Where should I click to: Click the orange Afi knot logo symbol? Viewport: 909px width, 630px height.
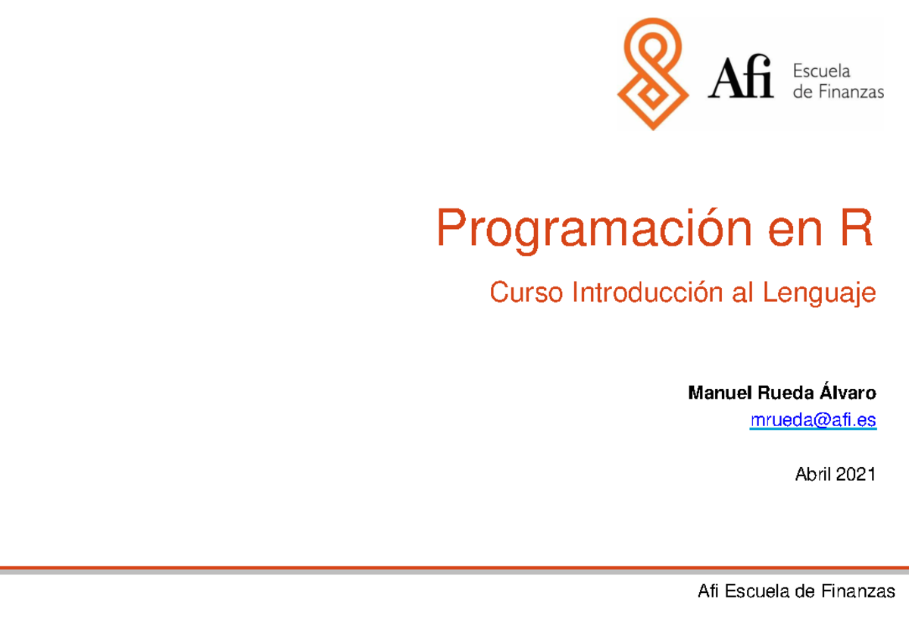click(x=653, y=74)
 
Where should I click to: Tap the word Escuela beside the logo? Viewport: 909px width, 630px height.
click(x=822, y=71)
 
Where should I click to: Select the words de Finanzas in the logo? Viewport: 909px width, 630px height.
click(x=838, y=92)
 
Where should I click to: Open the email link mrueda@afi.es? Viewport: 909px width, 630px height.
click(x=813, y=420)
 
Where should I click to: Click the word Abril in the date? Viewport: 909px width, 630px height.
click(x=813, y=475)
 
